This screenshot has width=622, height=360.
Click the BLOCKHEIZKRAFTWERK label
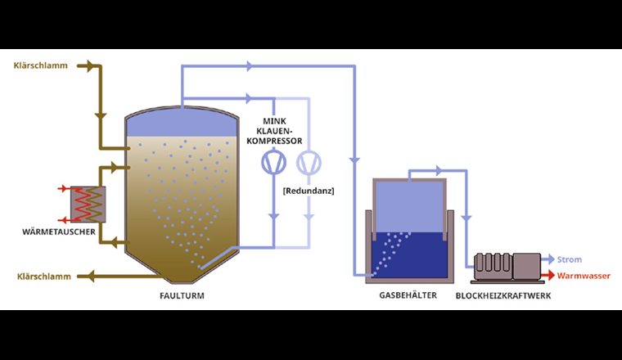[503, 296]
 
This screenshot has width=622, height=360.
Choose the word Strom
[570, 259]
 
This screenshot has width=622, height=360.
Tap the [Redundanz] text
[308, 191]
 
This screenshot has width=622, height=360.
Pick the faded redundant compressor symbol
[308, 164]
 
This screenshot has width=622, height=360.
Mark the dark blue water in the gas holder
[409, 254]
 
